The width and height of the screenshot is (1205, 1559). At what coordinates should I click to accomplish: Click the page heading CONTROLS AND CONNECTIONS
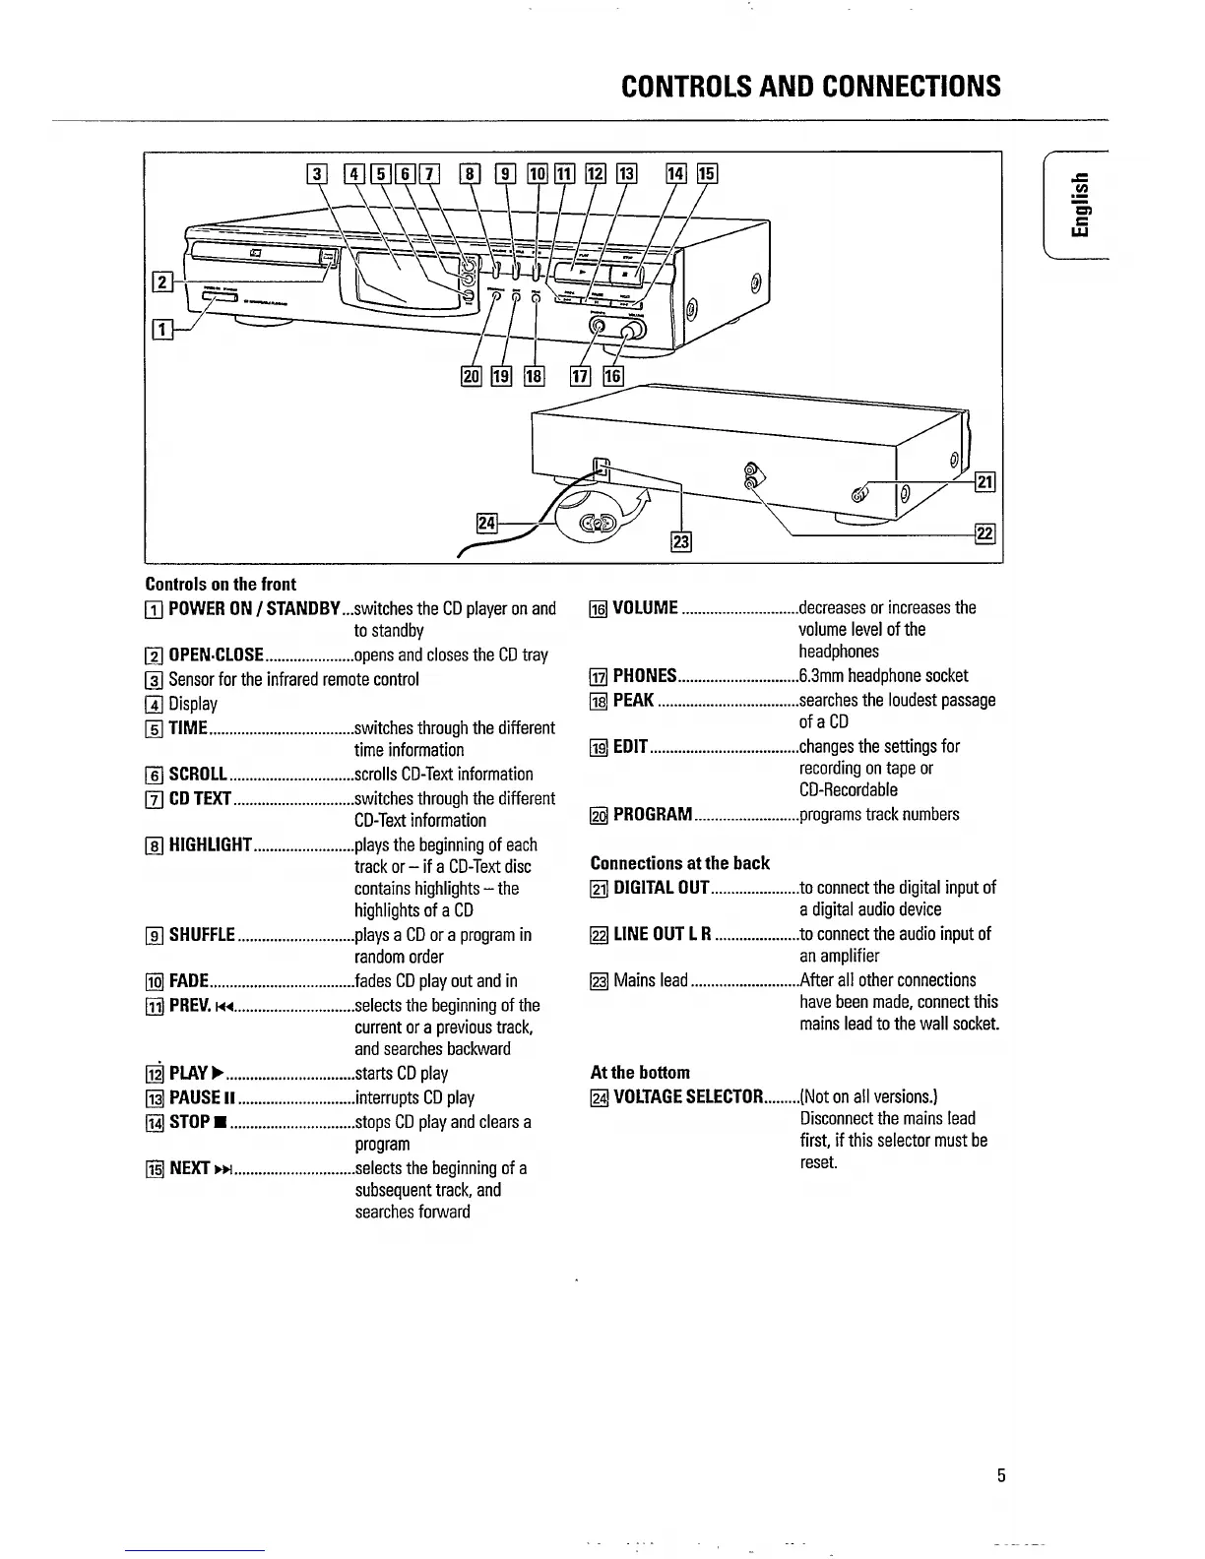click(x=811, y=87)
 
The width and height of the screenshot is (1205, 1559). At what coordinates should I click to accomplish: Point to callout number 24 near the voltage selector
click(x=486, y=523)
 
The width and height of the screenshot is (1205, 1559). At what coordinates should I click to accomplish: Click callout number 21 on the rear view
click(x=984, y=481)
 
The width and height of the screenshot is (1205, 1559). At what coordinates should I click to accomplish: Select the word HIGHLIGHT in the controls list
click(x=212, y=845)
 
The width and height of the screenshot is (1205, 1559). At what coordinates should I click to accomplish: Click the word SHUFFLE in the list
click(x=202, y=935)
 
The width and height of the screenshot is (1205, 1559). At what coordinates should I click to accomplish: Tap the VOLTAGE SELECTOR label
click(x=688, y=1096)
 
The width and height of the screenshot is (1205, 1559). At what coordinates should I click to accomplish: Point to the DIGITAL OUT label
click(x=661, y=888)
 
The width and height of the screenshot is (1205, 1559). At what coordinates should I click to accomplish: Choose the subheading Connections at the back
click(x=679, y=863)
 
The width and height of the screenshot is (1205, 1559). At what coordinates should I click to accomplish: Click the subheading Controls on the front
click(x=221, y=584)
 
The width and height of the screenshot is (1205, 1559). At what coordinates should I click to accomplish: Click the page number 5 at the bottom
click(x=1001, y=1475)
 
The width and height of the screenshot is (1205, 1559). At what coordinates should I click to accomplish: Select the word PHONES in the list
click(x=645, y=676)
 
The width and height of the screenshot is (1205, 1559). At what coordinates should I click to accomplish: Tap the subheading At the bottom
click(x=640, y=1072)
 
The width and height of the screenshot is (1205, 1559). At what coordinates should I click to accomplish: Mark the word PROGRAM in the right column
click(x=653, y=815)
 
